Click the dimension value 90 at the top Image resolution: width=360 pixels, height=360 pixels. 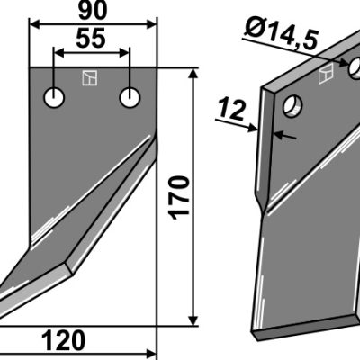click(x=93, y=11)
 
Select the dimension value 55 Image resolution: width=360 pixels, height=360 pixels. click(x=91, y=39)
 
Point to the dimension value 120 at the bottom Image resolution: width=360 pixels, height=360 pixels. click(x=64, y=340)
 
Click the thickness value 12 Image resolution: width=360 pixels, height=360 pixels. click(x=232, y=110)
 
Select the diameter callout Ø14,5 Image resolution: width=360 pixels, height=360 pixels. click(x=281, y=33)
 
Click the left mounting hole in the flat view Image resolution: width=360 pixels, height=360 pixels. click(x=54, y=98)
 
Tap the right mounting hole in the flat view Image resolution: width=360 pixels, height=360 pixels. click(x=130, y=98)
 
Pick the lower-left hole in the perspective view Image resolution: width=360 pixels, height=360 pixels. click(x=292, y=106)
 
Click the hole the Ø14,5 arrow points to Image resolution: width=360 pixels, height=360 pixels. click(x=355, y=67)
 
